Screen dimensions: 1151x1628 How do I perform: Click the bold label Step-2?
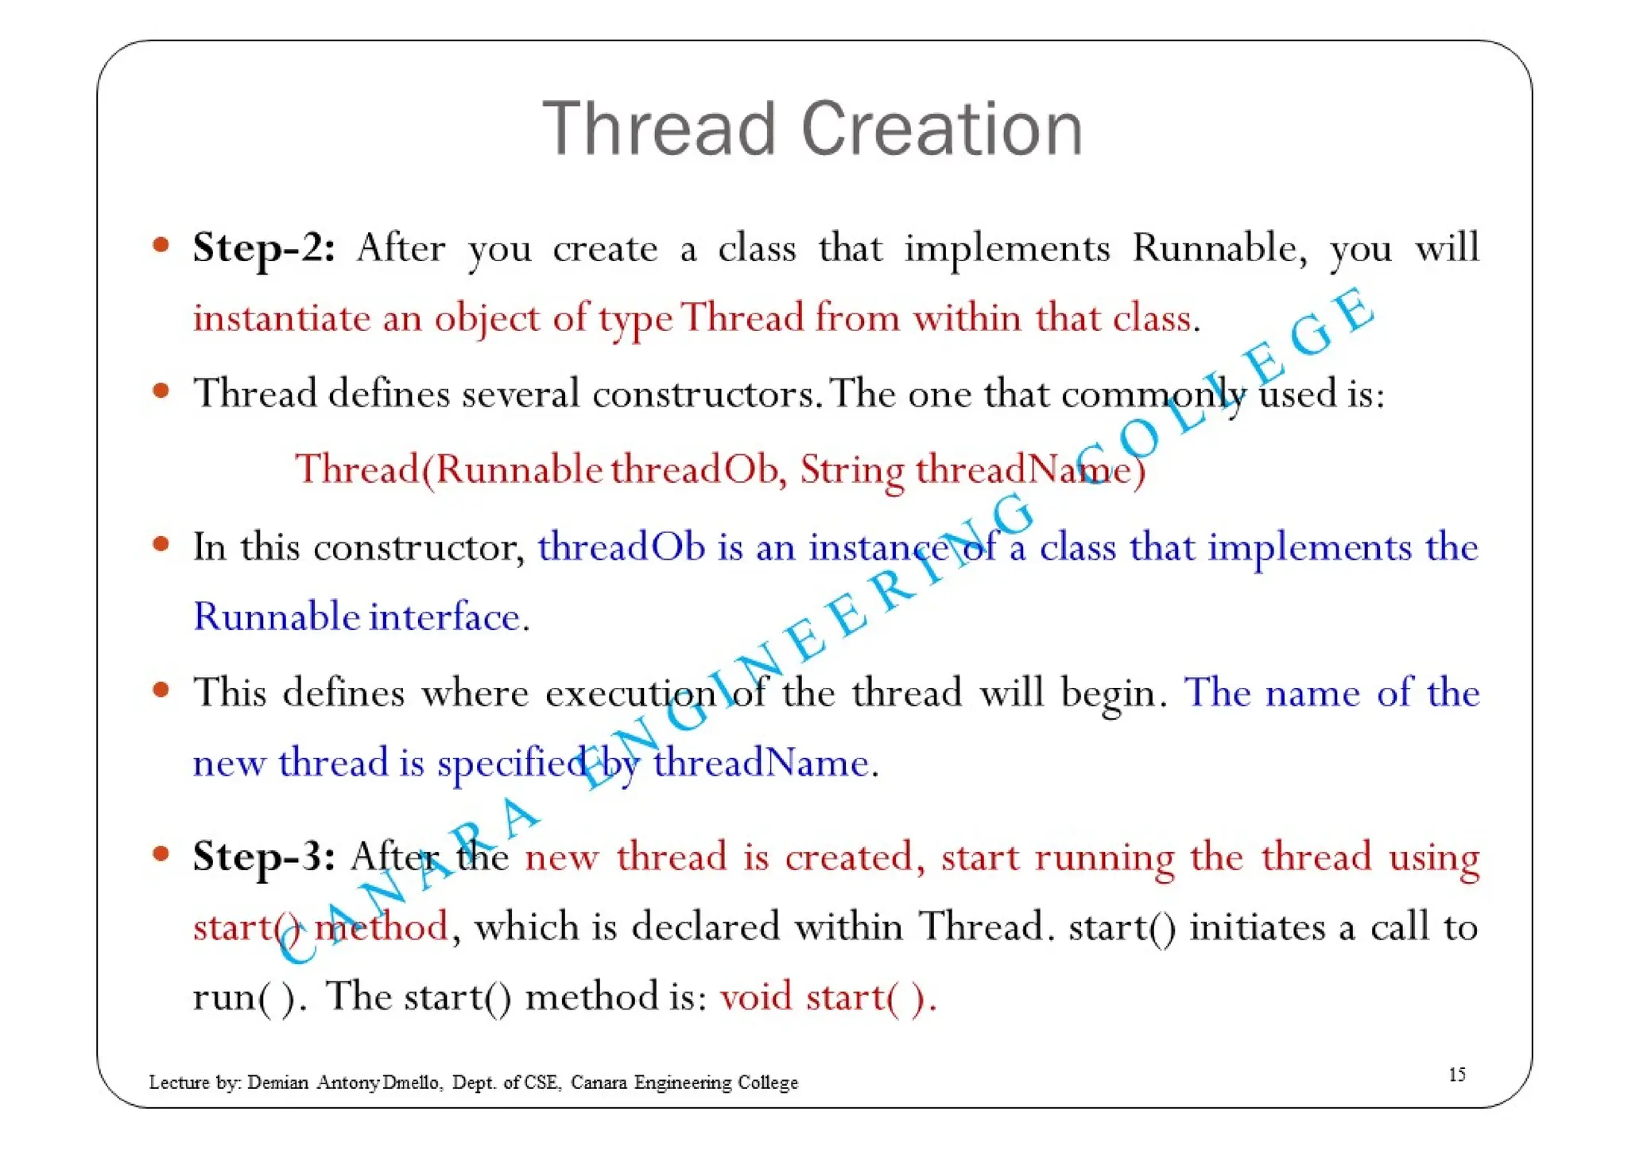264,247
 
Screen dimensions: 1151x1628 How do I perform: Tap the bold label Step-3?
264,857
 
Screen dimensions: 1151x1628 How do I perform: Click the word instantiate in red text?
280,318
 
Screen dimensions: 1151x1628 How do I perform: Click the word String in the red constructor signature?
851,469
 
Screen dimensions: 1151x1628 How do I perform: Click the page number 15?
1456,1075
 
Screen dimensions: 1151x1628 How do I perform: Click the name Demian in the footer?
277,1083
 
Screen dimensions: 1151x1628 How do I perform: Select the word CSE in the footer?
542,1083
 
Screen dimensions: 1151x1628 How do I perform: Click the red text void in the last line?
755,997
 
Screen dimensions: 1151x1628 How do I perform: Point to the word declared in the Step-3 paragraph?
705,927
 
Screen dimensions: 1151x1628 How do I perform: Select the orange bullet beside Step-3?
161,854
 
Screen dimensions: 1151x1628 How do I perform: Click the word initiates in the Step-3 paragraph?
1257,927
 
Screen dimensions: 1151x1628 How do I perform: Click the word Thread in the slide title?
658,129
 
